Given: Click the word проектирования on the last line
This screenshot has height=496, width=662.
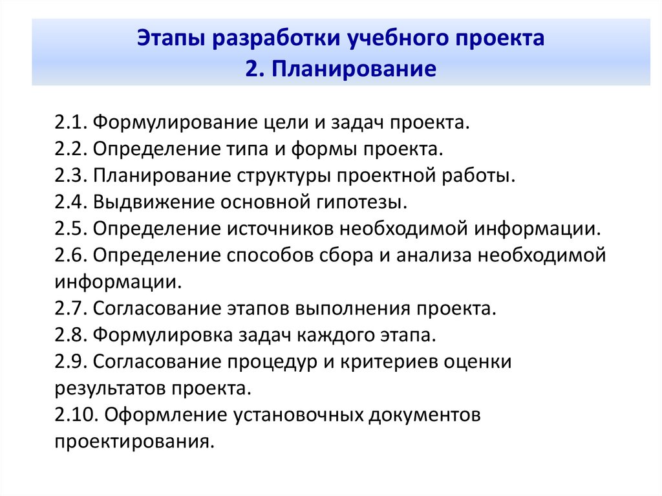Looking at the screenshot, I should [134, 442].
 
